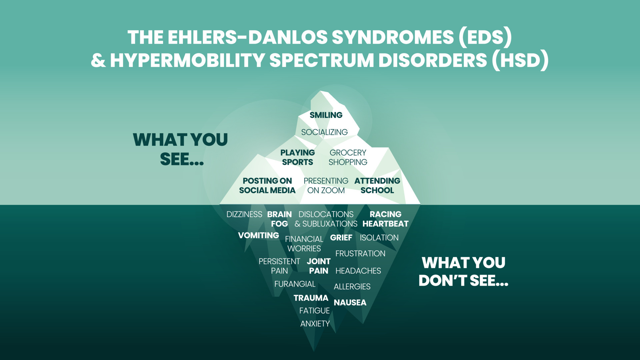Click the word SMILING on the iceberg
click(326, 115)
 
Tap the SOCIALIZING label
click(324, 132)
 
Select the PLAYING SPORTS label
click(298, 157)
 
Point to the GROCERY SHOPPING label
click(348, 157)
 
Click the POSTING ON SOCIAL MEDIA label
click(267, 186)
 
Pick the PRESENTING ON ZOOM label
click(326, 186)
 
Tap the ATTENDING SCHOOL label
click(377, 186)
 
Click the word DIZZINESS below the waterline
click(244, 214)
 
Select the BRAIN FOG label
click(279, 219)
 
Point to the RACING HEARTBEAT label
click(386, 219)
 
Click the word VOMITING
click(259, 235)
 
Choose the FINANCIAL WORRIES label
click(304, 244)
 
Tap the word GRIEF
click(341, 238)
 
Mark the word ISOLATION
click(379, 238)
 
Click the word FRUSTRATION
click(360, 254)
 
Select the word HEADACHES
click(358, 271)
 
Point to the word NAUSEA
click(350, 303)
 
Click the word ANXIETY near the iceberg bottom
click(315, 324)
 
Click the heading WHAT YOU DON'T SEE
click(464, 272)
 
